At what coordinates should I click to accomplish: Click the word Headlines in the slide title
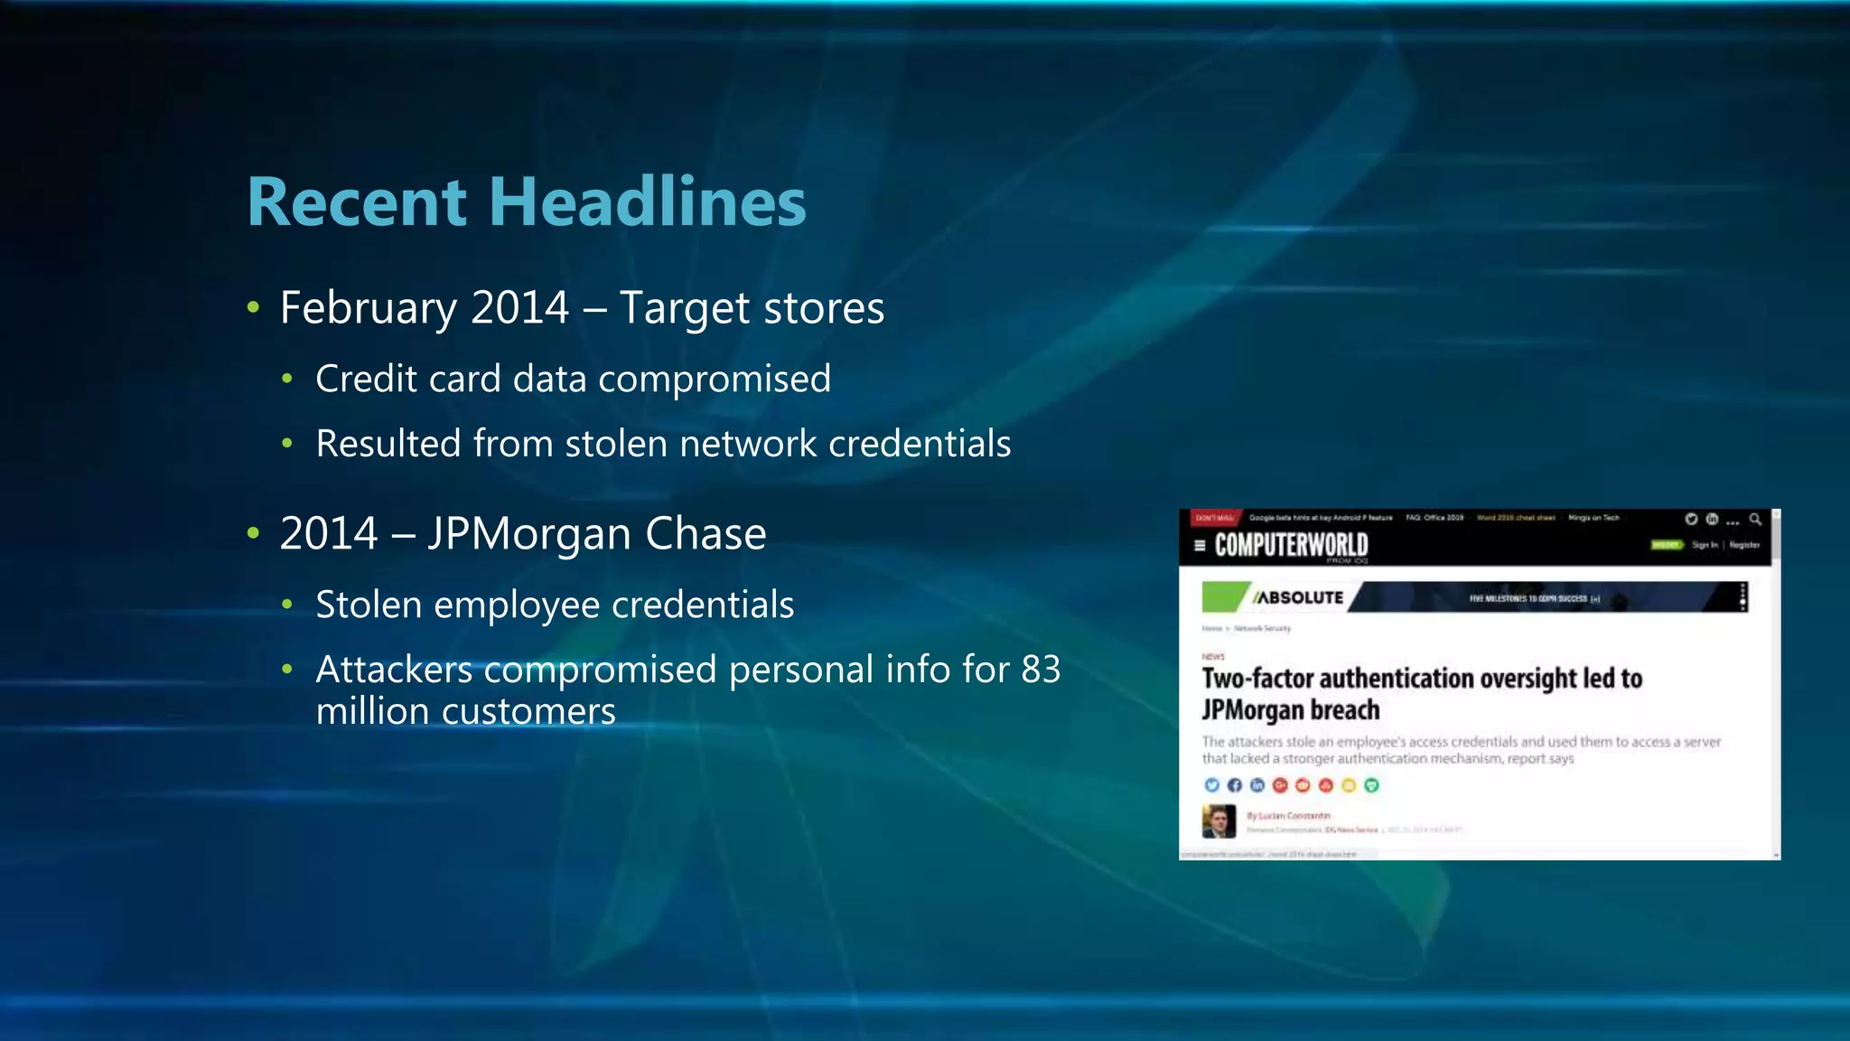648,202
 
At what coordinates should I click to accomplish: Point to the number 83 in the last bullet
1041,670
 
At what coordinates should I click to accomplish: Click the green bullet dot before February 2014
254,308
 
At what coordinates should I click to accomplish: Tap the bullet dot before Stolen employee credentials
287,605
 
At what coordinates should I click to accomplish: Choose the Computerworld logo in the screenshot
1291,545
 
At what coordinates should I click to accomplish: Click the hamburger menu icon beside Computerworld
1200,545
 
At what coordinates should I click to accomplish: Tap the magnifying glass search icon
1754,519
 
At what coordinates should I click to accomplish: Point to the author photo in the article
1219,821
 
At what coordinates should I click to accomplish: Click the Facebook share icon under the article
1234,785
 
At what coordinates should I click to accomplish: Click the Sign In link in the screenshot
1705,545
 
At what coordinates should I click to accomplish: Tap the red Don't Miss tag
1214,518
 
